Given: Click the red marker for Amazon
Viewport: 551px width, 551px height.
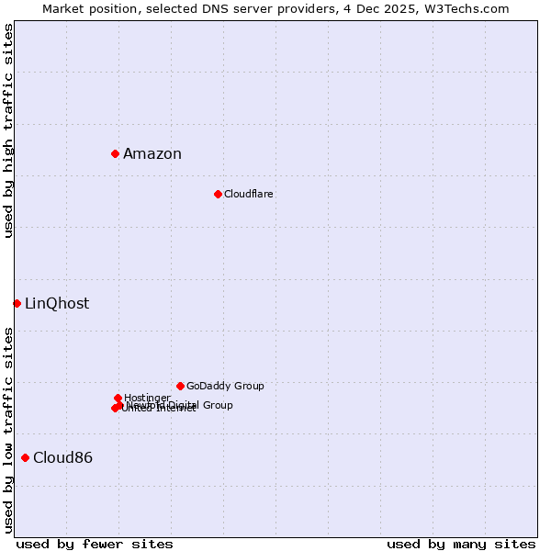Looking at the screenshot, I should coord(115,153).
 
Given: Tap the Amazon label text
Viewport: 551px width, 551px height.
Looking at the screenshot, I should coord(152,153).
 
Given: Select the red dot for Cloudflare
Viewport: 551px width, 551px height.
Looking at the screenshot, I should coord(218,194).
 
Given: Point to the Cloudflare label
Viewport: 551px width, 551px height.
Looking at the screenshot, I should coord(249,194).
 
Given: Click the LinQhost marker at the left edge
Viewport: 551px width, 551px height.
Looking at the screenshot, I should coord(17,303).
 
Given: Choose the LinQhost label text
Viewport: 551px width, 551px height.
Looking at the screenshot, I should coord(57,303).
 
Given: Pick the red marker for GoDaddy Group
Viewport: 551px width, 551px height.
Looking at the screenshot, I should coord(180,386).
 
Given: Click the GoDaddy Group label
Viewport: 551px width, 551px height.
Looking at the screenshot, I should coord(225,386).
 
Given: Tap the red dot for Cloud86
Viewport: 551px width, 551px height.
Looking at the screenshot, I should coord(25,457).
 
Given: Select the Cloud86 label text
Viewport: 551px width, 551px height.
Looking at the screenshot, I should coord(62,457).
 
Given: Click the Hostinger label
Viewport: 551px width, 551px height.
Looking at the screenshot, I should coord(148,398).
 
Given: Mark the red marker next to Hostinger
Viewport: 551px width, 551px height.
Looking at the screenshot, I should coord(118,398).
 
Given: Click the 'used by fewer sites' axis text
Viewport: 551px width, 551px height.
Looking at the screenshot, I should coord(95,544).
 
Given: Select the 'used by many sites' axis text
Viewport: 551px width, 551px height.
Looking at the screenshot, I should coord(461,544).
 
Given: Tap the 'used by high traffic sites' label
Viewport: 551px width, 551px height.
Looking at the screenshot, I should coord(9,130).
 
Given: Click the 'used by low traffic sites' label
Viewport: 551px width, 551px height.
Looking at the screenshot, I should coord(9,430).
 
